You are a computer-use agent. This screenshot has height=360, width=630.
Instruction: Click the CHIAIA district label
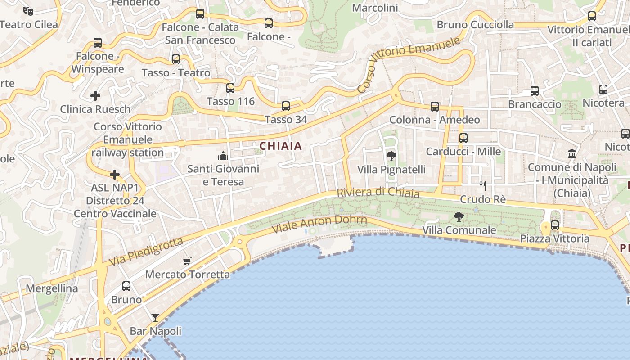(281, 146)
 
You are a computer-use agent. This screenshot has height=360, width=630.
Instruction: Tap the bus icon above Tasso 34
(286, 106)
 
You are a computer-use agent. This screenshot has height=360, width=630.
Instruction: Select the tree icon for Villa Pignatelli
(391, 156)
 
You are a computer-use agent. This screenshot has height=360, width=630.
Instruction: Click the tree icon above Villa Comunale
(459, 217)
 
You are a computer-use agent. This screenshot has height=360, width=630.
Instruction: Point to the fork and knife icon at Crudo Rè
(483, 186)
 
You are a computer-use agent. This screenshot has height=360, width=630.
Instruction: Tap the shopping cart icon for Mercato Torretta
(187, 261)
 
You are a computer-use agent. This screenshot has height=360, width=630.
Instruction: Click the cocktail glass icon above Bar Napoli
(155, 318)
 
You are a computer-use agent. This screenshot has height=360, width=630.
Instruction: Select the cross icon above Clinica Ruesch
(95, 96)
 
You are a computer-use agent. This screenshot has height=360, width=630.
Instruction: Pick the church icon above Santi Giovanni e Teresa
(223, 156)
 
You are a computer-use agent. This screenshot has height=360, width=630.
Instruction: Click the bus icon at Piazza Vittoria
(555, 225)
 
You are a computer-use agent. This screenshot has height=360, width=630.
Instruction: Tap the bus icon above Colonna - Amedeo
(435, 107)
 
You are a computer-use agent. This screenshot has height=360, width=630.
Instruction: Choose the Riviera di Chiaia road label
(378, 193)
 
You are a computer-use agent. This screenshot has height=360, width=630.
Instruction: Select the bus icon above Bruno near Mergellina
(126, 286)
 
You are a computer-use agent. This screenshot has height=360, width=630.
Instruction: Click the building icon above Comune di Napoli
(572, 154)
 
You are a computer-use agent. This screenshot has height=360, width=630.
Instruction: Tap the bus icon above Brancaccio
(535, 91)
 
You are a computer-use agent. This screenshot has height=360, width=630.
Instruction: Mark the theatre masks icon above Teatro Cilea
(28, 11)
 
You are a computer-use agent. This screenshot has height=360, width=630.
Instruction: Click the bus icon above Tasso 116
(230, 88)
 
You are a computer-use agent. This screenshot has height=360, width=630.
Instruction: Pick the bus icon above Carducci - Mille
(463, 138)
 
